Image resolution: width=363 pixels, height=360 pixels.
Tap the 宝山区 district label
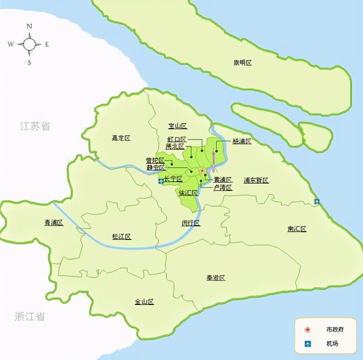pyautogui.click(x=178, y=126)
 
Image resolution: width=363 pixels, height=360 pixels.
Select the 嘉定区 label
pyautogui.click(x=121, y=138)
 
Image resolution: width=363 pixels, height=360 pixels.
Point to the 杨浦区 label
pyautogui.click(x=242, y=141)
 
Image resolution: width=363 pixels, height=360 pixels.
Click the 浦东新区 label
pyautogui.click(x=256, y=180)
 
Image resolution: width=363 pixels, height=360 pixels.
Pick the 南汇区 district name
pyautogui.click(x=297, y=228)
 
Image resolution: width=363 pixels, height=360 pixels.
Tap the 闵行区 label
pyautogui.click(x=191, y=223)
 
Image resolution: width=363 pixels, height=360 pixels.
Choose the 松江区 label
pyautogui.click(x=121, y=236)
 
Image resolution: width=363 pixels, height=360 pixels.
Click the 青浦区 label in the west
pyautogui.click(x=53, y=222)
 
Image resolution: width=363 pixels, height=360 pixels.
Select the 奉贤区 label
pyautogui.click(x=216, y=278)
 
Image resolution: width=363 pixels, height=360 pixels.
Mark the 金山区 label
pyautogui.click(x=144, y=302)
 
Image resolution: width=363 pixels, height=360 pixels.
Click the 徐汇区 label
pyautogui.click(x=188, y=193)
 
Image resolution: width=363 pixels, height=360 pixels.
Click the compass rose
pyautogui.click(x=29, y=44)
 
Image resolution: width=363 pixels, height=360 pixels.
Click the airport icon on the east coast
pyautogui.click(x=316, y=201)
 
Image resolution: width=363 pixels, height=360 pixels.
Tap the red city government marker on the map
pyautogui.click(x=202, y=171)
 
